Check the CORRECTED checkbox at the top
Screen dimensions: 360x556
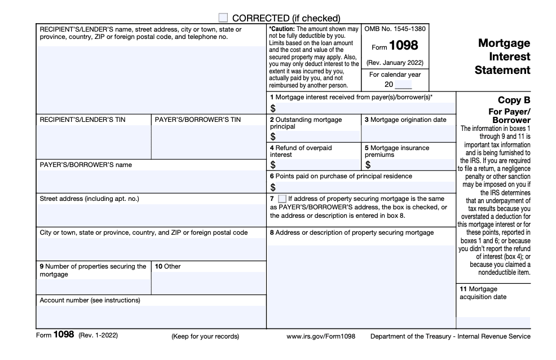click(224, 18)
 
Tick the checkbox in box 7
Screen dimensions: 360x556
click(282, 199)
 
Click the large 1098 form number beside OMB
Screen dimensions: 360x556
click(403, 47)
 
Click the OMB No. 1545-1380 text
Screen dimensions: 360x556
click(395, 29)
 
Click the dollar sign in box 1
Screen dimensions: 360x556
click(273, 108)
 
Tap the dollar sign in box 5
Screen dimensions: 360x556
click(368, 165)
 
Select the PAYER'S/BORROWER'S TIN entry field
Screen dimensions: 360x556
click(208, 141)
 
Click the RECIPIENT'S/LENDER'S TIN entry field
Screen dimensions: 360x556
click(94, 141)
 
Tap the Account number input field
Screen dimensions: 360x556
click(151, 316)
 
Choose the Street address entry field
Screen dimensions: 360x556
click(151, 215)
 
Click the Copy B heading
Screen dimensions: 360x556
click(514, 100)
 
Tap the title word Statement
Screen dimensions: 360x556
click(502, 71)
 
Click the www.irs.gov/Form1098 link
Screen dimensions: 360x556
click(321, 336)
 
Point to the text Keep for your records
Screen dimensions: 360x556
click(205, 336)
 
